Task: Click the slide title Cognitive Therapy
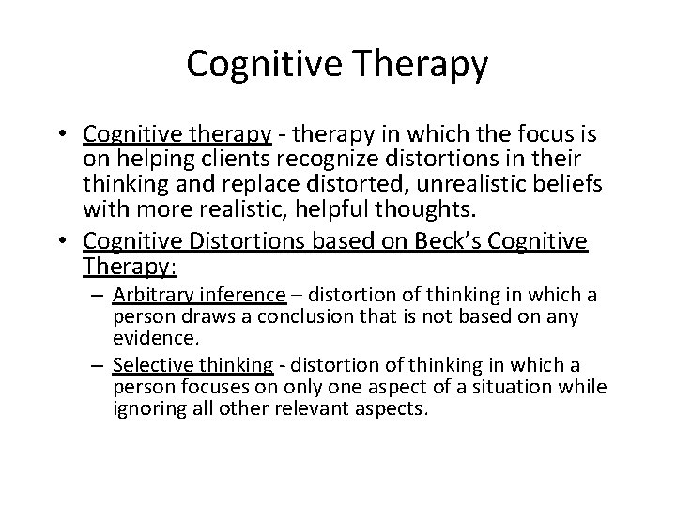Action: (x=338, y=64)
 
